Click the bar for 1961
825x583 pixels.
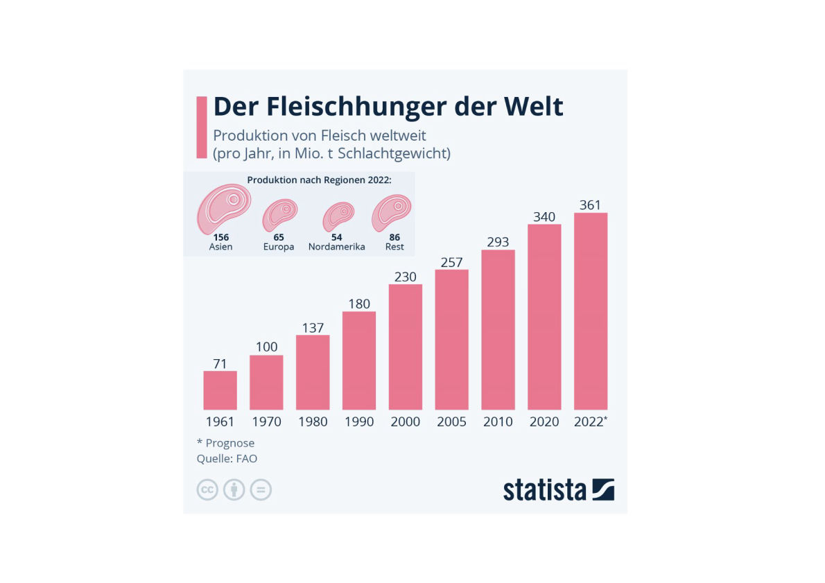220,390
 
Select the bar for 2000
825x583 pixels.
406,347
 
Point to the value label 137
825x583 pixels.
313,327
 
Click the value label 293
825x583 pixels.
498,242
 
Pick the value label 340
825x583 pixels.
544,217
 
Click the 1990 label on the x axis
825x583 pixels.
359,421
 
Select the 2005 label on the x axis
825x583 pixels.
451,421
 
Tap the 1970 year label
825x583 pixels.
266,421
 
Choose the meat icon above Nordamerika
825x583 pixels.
338,216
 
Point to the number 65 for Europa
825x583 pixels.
279,237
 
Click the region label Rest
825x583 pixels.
394,247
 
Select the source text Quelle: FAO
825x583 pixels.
227,458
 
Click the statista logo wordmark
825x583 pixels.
545,489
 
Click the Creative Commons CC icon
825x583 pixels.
207,490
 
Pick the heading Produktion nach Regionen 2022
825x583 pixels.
319,180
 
